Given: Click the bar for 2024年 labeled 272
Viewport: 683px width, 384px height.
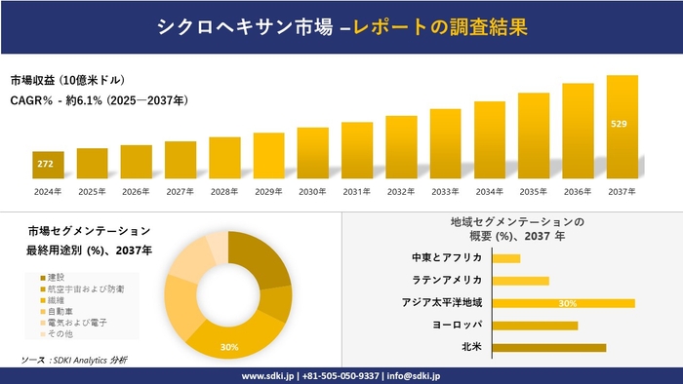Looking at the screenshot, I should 48,166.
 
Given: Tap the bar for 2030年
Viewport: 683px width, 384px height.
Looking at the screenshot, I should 312,153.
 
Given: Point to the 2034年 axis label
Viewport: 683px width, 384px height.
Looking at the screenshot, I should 489,191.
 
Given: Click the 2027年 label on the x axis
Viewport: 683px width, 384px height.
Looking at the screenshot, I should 181,191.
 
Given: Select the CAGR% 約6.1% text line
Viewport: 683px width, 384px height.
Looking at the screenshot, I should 100,100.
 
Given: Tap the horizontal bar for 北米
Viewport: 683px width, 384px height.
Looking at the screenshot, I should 549,347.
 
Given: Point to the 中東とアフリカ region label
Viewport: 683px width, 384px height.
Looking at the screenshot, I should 447,258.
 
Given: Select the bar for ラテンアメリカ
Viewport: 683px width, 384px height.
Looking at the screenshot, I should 521,281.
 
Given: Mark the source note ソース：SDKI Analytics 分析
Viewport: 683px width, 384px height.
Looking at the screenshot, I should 74,361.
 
